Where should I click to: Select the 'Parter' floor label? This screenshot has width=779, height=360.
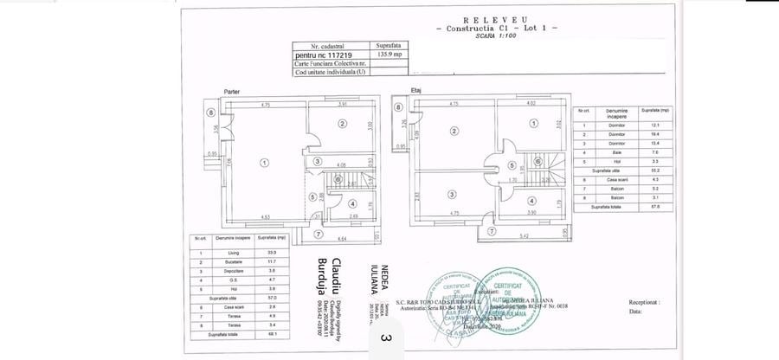tap(231, 91)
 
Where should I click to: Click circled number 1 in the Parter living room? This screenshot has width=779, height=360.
tap(264, 161)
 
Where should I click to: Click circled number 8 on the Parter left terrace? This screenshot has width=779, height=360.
tap(210, 112)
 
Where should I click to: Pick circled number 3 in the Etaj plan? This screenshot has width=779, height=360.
tap(452, 193)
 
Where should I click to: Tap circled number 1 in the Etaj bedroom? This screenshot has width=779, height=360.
tap(534, 124)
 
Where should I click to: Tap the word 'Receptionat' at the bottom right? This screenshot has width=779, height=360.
tap(644, 304)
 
